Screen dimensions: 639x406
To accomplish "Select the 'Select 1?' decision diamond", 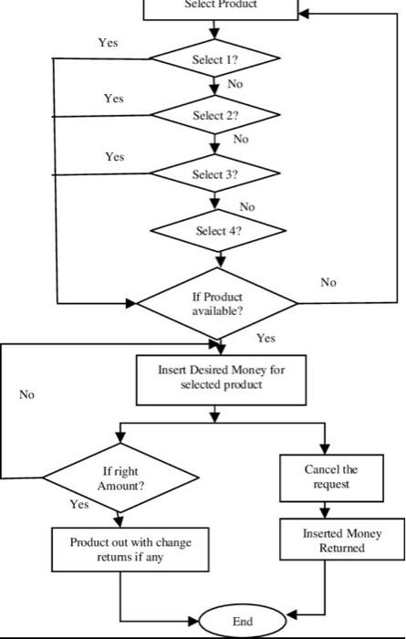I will point(214,59).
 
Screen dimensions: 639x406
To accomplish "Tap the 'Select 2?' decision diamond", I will point(214,116).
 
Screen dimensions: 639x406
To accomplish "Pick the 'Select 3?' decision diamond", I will point(214,173).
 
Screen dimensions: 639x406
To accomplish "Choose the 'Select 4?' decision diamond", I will point(218,231).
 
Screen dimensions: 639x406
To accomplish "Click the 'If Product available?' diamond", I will point(217,303).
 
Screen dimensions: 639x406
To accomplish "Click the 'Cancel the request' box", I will point(325,476).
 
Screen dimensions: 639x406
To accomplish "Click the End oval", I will point(242,621).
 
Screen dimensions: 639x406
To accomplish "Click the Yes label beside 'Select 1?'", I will point(108,42).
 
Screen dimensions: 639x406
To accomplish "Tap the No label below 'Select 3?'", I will point(247,207).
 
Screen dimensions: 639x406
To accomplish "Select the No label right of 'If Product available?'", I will point(328,283).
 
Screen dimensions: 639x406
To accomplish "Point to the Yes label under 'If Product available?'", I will point(265,338).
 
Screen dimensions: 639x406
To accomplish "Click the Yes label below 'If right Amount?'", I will point(79,504).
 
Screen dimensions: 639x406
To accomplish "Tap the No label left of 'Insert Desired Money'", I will point(26,395).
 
